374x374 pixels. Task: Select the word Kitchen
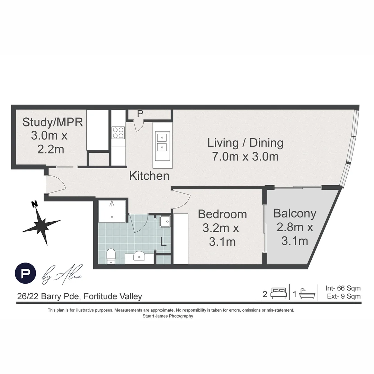[149, 176]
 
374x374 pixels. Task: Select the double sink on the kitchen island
[162, 142]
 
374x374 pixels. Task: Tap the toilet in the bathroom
[111, 256]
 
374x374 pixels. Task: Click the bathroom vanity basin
[139, 257]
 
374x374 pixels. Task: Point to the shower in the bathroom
[112, 211]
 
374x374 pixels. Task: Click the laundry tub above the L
[165, 221]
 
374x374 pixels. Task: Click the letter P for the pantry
[140, 114]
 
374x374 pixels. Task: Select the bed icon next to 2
[278, 294]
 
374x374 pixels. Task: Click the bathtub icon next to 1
[308, 294]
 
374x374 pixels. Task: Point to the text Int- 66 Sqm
[343, 288]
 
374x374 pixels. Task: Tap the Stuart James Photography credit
[168, 316]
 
